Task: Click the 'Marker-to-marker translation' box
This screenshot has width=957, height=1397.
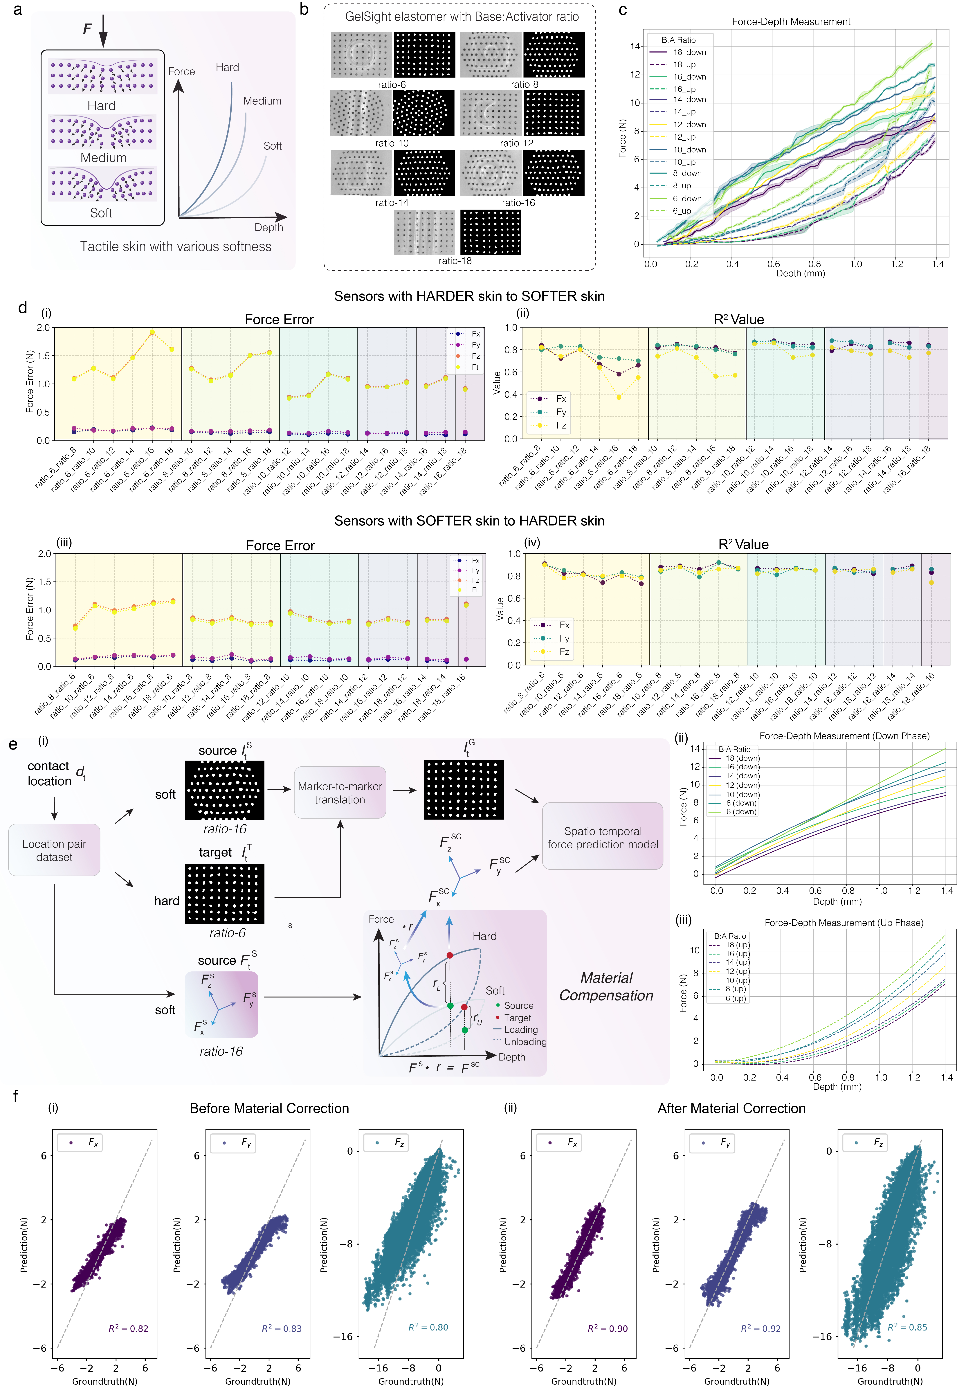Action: tap(340, 792)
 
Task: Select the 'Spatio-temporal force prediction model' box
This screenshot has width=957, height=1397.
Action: tap(602, 837)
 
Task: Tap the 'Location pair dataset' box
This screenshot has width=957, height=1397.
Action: tap(54, 850)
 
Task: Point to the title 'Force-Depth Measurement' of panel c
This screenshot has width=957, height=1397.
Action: tap(790, 22)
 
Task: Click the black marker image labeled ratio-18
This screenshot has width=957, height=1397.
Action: tap(491, 232)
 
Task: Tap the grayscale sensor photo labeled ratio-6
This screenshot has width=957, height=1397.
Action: tap(361, 55)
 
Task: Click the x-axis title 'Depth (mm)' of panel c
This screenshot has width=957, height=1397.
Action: tap(800, 273)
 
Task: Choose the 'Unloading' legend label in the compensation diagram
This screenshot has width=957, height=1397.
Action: tap(525, 1042)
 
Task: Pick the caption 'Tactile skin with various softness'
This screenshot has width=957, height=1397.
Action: tap(176, 246)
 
